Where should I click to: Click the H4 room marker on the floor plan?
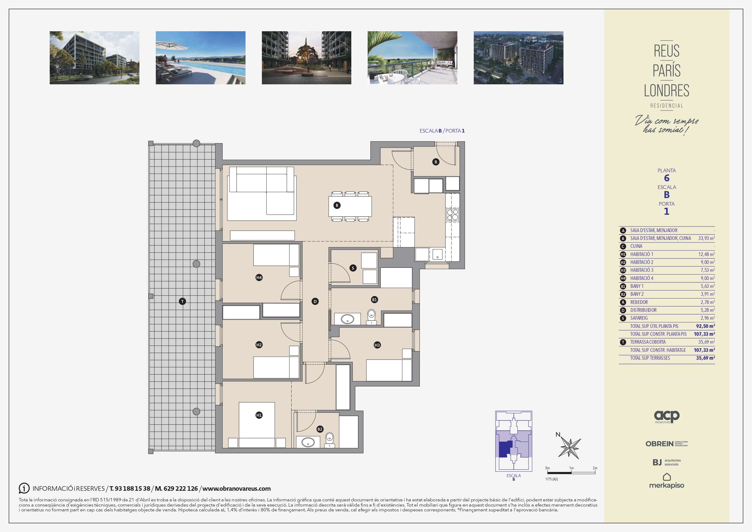click(x=259, y=278)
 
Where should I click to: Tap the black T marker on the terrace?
click(x=182, y=301)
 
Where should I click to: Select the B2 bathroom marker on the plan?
click(x=320, y=429)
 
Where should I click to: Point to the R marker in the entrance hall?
click(x=436, y=162)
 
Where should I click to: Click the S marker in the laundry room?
click(x=353, y=268)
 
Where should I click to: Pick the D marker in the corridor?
click(x=315, y=301)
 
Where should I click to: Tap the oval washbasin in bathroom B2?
click(x=308, y=443)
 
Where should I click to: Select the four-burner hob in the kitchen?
click(x=453, y=215)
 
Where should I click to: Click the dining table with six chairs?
click(x=350, y=207)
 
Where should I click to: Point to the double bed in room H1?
click(x=257, y=425)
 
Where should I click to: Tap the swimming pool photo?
click(x=200, y=58)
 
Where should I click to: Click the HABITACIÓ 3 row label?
click(x=642, y=270)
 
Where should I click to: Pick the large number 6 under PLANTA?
click(x=667, y=178)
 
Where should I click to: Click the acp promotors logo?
click(x=667, y=417)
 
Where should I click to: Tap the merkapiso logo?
click(x=667, y=481)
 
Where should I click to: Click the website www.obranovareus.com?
click(x=236, y=489)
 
